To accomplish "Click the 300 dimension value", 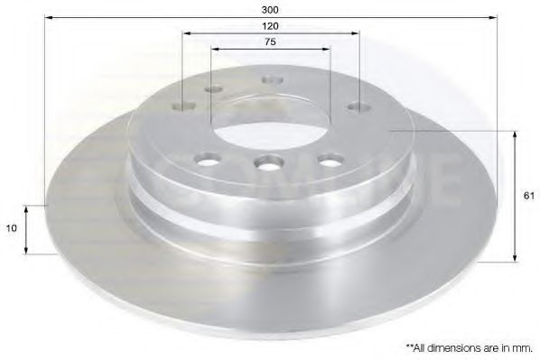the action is click(x=270, y=10).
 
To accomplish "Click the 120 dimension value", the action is click(x=270, y=26).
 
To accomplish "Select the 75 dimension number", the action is click(x=270, y=42).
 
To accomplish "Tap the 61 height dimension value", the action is click(x=528, y=196).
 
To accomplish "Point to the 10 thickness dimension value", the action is click(x=12, y=228).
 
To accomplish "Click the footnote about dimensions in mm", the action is click(x=470, y=348).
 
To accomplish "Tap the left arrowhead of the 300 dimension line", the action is click(x=49, y=17).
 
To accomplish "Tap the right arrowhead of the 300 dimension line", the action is click(x=493, y=17).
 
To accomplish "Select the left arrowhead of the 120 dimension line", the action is click(x=187, y=33).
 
